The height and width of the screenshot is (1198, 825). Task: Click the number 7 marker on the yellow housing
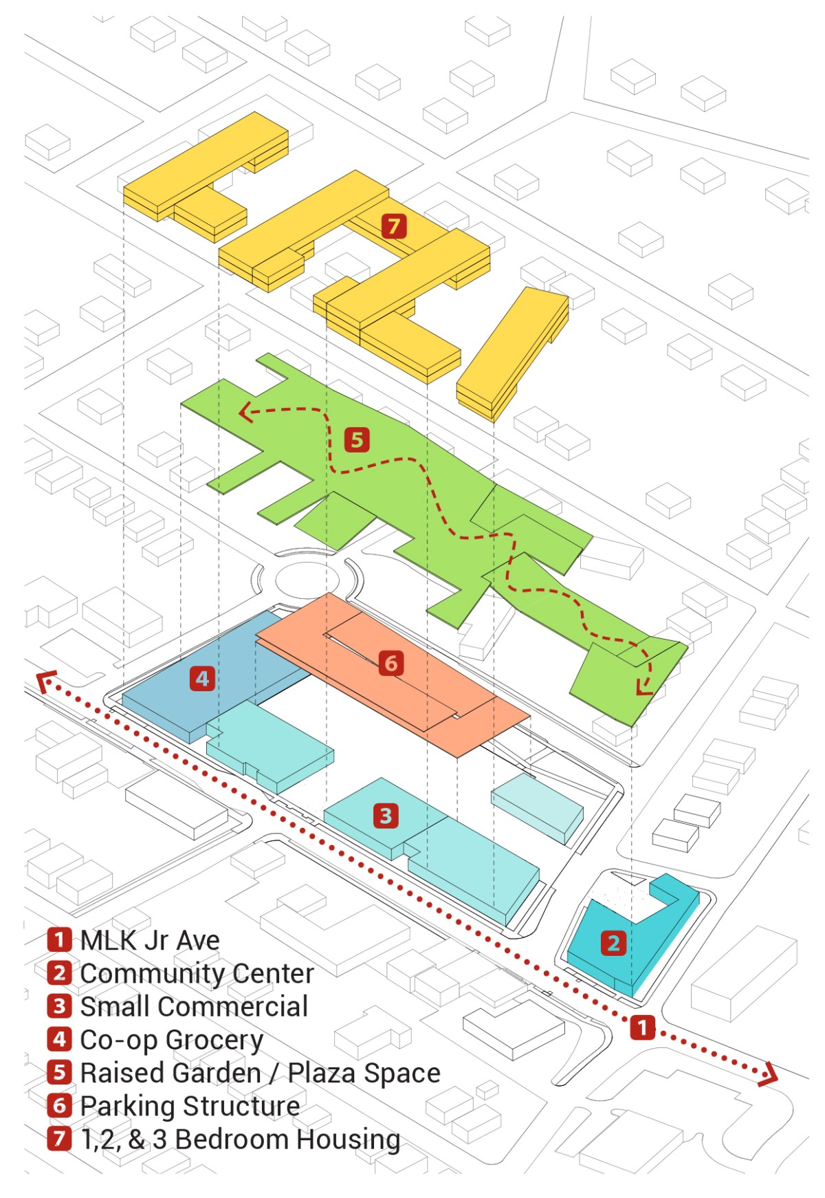coord(394,226)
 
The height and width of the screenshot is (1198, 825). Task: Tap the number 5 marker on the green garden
coord(357,439)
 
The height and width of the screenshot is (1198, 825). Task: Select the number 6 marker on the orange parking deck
coord(390,663)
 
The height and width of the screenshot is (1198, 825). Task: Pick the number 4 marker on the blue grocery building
coord(202,679)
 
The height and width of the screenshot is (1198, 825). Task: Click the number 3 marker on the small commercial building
coord(386,816)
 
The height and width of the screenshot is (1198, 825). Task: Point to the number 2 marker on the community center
coord(613,943)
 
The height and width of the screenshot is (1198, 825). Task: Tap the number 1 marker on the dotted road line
coord(642,1027)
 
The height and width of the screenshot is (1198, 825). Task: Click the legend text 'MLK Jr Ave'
coord(150,940)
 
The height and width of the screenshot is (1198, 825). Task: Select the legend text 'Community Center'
coord(197,974)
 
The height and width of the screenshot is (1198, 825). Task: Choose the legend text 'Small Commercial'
coord(194,1006)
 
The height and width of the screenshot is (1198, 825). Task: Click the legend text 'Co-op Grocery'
coord(172,1041)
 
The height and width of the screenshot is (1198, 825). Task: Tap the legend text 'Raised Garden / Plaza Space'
coord(261,1073)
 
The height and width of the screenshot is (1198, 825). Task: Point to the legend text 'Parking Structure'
coord(190,1106)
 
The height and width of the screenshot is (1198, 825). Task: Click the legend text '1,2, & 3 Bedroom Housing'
coord(241,1140)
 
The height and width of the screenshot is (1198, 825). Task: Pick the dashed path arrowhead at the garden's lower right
coord(644,686)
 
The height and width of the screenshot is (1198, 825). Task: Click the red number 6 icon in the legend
coord(59,1105)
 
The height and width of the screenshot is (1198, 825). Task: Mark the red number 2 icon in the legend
coord(59,972)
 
